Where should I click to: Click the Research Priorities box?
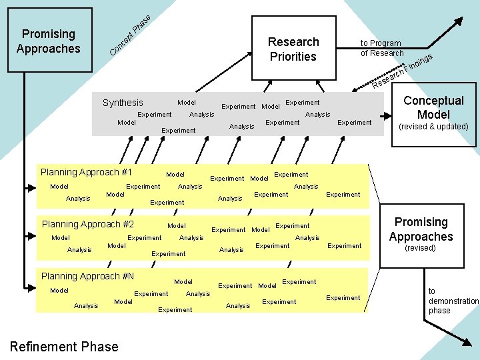293,49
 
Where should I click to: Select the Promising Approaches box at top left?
49,41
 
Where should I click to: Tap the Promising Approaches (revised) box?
421,234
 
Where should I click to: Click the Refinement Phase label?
65,347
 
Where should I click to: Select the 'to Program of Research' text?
382,48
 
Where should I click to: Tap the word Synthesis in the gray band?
123,103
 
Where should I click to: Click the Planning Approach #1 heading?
87,172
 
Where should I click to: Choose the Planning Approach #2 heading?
88,224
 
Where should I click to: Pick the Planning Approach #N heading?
88,276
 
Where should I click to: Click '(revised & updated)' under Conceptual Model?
433,127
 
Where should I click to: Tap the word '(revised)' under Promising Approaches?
421,248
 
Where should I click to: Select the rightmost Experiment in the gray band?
355,122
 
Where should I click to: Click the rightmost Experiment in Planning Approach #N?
343,298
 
